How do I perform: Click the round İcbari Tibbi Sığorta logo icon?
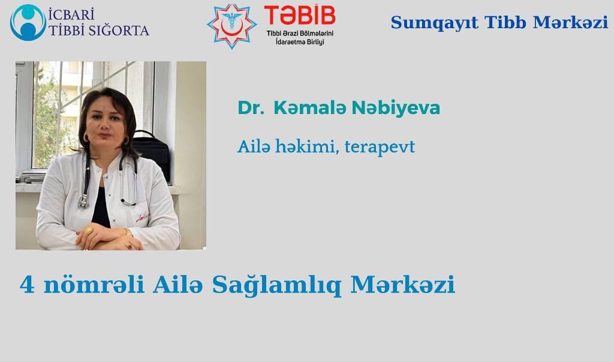coord(28,22)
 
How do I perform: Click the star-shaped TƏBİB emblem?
coord(231,26)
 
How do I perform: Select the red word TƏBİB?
coord(300,15)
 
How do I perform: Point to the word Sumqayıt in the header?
coord(434,23)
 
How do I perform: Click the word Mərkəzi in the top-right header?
coord(570,22)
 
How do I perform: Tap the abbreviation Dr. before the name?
coord(251,108)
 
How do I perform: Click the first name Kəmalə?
coord(309,108)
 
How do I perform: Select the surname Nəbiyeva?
coord(396,108)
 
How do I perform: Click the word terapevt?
coord(380,148)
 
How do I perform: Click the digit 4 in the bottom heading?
coord(27,285)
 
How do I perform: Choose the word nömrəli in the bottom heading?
coord(94,285)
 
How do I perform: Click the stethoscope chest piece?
coord(83,201)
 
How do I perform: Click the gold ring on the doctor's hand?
coord(89,230)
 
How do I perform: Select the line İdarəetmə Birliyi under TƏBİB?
coord(300,42)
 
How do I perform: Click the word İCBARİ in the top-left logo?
coord(71,15)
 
